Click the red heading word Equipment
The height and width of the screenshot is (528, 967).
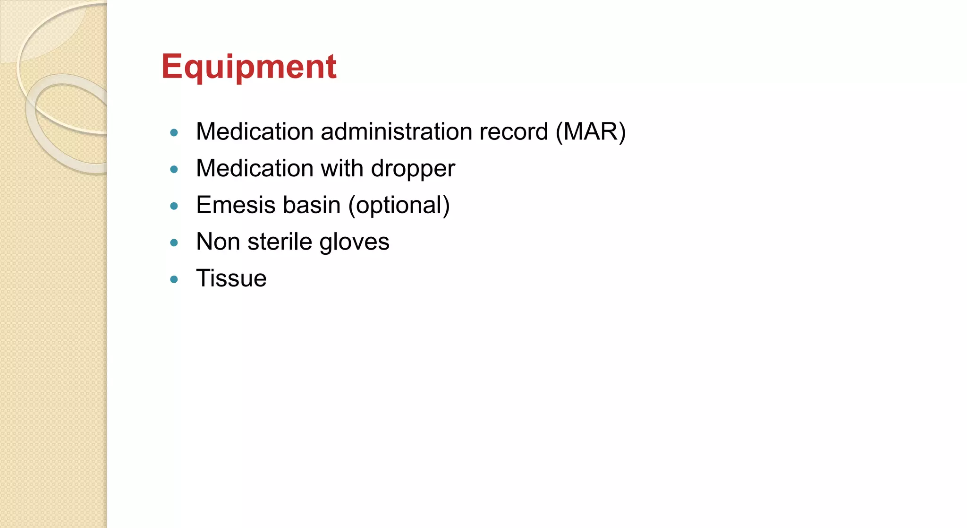tap(249, 67)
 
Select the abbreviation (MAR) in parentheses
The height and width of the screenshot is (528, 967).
tap(590, 131)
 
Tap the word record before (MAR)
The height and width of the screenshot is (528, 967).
tap(513, 131)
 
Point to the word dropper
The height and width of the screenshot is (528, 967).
tap(413, 169)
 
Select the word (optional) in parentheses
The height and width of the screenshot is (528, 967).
tap(399, 206)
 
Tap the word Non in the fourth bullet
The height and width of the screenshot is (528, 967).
tap(218, 242)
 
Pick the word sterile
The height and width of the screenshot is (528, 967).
tap(279, 242)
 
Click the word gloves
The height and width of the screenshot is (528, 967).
tap(354, 242)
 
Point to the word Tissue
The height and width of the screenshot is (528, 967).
tap(231, 278)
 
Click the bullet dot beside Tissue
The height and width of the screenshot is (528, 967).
tap(174, 279)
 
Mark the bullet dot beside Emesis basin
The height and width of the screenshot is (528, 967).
tap(174, 206)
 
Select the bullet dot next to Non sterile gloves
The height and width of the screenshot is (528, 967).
tap(174, 243)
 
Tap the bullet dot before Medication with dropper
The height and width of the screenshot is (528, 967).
tap(174, 169)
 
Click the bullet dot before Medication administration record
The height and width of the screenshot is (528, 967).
tap(174, 133)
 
